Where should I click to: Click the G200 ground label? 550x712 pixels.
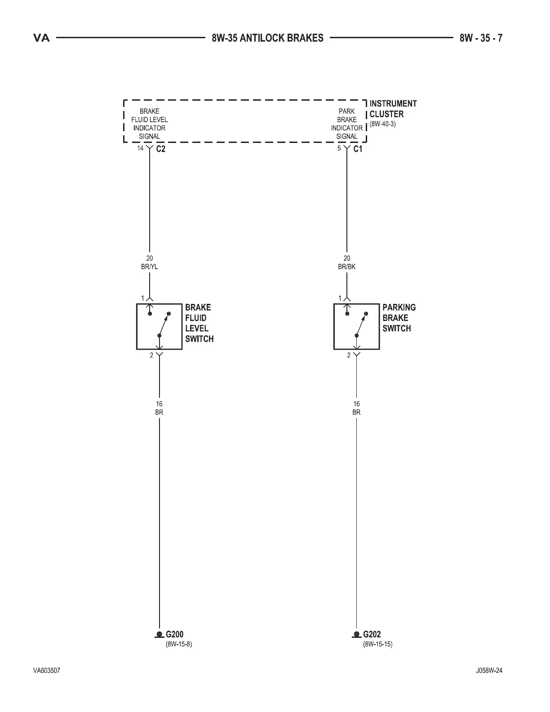[174, 635]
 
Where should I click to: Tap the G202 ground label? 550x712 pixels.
[372, 635]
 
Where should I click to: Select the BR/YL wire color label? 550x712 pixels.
[150, 267]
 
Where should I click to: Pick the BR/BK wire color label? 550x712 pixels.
[347, 267]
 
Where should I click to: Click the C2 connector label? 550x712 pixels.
[160, 149]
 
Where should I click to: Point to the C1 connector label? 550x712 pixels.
[358, 149]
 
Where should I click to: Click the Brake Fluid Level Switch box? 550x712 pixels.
[159, 326]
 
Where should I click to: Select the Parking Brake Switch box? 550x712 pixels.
[356, 326]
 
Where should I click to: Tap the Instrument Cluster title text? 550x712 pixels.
[393, 109]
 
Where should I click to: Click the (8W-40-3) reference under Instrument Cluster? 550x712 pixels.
[382, 124]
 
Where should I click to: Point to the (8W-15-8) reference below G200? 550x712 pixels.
[179, 644]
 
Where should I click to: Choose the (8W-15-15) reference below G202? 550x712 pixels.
[377, 644]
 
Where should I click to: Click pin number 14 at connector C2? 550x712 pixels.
[140, 148]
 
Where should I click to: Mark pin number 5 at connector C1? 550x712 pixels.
[339, 148]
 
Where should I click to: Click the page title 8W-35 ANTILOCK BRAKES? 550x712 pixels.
[267, 38]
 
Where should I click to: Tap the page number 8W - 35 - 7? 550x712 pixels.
[481, 38]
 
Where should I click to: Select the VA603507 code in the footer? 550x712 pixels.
[47, 671]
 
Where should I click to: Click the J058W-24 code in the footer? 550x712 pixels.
[489, 671]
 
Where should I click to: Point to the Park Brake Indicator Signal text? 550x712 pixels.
[346, 124]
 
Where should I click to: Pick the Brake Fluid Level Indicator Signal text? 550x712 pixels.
[149, 124]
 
